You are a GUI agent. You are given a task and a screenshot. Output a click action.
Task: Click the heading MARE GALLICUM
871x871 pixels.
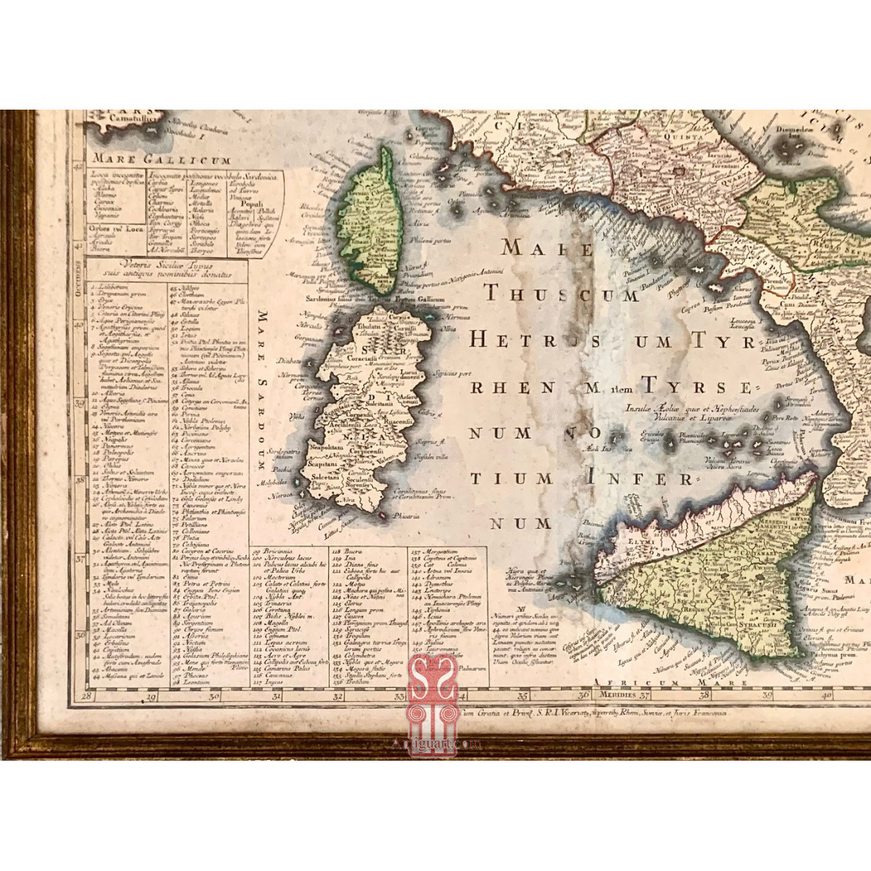pyautogui.click(x=160, y=160)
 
